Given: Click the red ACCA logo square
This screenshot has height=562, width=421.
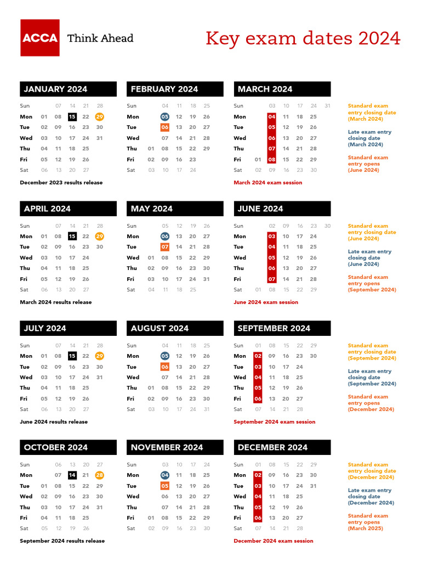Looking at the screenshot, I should pos(40,38).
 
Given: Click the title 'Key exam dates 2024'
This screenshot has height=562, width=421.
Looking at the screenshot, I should pos(303,39).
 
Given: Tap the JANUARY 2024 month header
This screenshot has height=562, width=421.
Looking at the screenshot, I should pos(69,89).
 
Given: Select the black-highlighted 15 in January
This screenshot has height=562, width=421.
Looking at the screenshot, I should pos(72,116).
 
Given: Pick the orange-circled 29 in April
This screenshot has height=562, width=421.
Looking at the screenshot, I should pos(99,236).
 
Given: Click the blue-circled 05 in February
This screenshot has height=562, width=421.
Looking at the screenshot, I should pos(165,116).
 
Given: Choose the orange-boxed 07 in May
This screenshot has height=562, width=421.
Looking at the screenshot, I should pos(165,247).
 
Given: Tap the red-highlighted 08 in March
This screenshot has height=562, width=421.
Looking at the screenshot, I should pos(272,160).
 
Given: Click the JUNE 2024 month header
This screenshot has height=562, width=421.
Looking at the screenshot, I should pos(282,209).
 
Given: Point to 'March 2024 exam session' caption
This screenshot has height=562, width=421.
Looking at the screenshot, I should pos(268,182).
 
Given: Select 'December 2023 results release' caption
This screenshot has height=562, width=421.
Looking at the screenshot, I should pos(61,182).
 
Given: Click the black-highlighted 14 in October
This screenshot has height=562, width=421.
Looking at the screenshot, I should pos(72,475).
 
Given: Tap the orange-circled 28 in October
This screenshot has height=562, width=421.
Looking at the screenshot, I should pos(99,475).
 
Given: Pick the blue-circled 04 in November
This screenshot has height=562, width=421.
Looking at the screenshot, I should pos(165,475).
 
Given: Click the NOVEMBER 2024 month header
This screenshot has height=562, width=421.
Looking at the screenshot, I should pos(175,447).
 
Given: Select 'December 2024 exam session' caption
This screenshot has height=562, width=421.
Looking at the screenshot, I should pos(273,541).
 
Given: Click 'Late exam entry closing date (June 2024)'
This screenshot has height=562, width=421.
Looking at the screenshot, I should pos(369,258).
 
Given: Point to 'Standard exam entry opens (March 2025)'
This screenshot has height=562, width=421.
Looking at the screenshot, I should pos(367,522).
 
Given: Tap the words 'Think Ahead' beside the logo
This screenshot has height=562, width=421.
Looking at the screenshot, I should pos(100,38).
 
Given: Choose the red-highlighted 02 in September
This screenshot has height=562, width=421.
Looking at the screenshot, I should pos(258,356).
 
